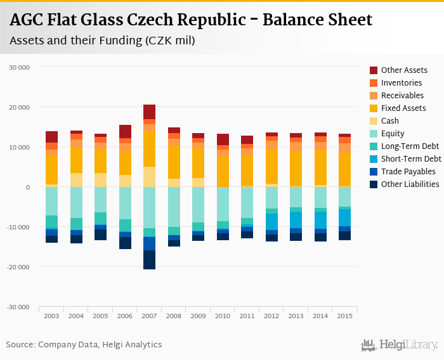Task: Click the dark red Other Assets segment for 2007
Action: (149, 112)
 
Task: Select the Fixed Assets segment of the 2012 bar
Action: (271, 166)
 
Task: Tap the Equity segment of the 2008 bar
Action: (174, 207)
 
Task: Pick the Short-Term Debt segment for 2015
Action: (344, 217)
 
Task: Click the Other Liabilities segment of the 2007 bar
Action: (149, 259)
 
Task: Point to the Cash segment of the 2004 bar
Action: (76, 179)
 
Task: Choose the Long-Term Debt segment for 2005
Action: (100, 218)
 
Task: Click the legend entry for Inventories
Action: (401, 82)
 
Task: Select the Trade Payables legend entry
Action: (408, 171)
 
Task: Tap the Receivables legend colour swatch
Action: (374, 95)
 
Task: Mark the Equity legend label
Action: (393, 133)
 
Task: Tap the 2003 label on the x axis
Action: (51, 316)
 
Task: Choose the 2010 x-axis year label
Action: (223, 316)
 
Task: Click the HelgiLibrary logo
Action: (399, 345)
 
